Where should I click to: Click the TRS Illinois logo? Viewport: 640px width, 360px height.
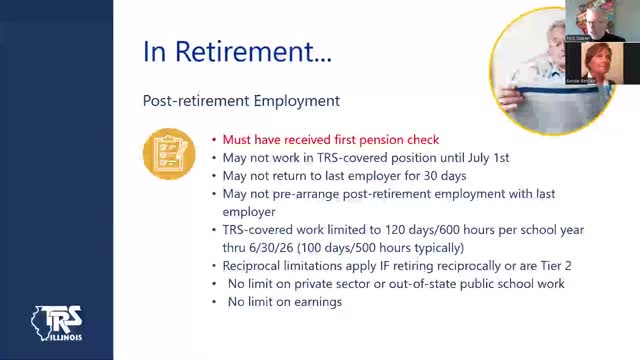[58, 325]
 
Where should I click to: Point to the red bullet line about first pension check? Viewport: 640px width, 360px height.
[330, 140]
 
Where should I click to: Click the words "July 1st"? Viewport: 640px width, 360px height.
[489, 158]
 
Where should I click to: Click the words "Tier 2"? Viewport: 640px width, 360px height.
[554, 266]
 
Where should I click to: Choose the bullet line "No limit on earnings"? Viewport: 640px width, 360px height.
[284, 302]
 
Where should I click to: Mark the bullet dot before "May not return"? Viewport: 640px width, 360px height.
[213, 176]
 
